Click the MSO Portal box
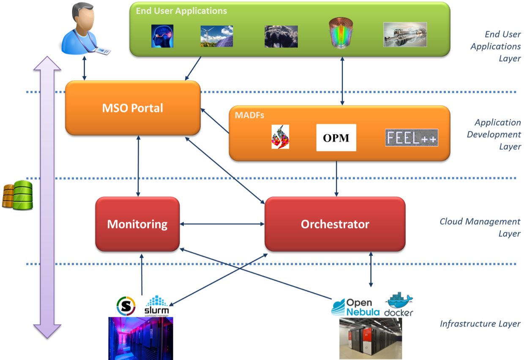click(x=132, y=108)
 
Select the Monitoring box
click(x=137, y=224)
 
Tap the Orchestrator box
click(x=335, y=224)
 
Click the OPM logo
click(x=336, y=138)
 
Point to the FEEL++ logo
click(x=411, y=138)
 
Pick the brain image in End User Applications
click(x=162, y=35)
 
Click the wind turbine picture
click(x=216, y=36)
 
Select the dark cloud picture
click(x=281, y=36)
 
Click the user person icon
click(x=82, y=29)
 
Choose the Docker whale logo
click(x=399, y=304)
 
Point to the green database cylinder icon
click(x=23, y=194)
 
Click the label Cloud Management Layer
click(x=480, y=227)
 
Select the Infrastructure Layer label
click(x=480, y=324)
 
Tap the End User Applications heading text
click(x=181, y=11)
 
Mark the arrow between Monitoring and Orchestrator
click(x=222, y=224)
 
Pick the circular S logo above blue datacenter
click(x=126, y=306)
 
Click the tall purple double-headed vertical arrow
click(x=47, y=196)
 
